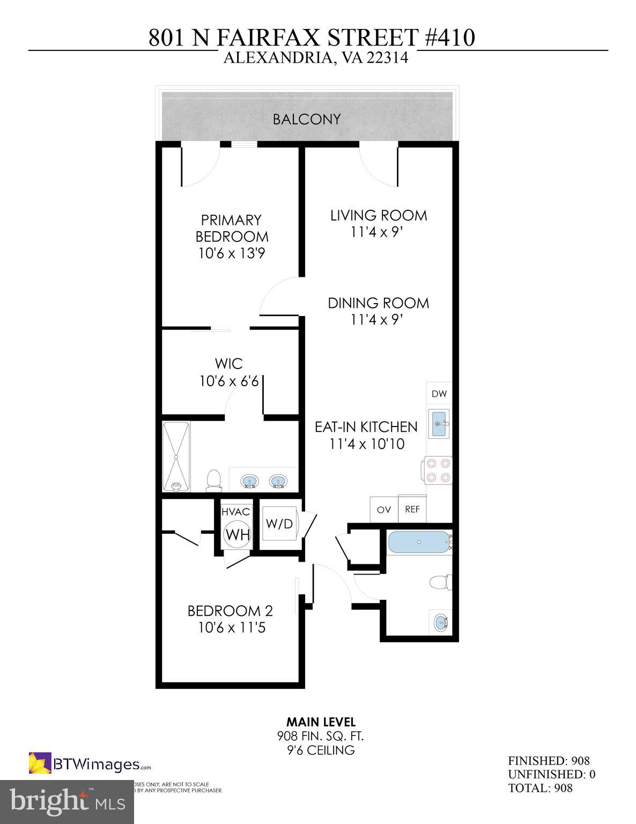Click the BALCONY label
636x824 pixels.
click(306, 119)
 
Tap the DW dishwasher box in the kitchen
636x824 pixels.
click(439, 394)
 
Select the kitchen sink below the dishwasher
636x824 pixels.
click(440, 424)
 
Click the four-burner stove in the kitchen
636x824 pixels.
click(439, 470)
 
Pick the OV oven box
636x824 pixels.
click(384, 510)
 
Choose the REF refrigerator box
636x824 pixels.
click(412, 510)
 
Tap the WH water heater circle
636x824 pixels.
click(236, 534)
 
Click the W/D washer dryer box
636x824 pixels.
click(279, 524)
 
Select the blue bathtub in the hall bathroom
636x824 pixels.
click(418, 542)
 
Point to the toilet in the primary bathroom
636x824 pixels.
click(213, 480)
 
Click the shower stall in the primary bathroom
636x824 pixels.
click(176, 457)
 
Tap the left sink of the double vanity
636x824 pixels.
click(248, 481)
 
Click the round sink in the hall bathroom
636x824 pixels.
click(441, 623)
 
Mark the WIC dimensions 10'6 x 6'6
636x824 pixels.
click(229, 381)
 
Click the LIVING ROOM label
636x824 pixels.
click(378, 216)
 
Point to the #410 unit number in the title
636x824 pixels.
click(449, 38)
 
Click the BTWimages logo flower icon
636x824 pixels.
click(40, 763)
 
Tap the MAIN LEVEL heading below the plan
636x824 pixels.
click(321, 722)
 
